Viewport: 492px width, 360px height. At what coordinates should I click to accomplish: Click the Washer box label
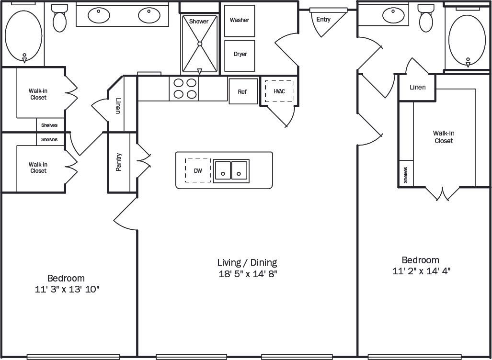tap(239, 20)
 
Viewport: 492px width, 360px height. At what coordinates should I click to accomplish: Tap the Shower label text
tap(199, 22)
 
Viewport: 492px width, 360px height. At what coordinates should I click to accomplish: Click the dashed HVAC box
tap(279, 91)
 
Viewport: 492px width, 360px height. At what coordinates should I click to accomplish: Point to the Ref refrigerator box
tap(242, 91)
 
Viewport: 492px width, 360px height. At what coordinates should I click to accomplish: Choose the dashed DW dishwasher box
tap(197, 170)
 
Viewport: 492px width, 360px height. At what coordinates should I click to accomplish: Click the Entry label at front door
tap(323, 20)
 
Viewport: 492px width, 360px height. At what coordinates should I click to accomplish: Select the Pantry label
tap(118, 162)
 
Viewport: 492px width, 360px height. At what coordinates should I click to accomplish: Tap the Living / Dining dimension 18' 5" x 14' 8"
tap(247, 274)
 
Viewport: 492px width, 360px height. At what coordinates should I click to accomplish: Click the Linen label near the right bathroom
tap(418, 88)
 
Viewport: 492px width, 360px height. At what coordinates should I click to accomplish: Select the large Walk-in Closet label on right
tap(443, 137)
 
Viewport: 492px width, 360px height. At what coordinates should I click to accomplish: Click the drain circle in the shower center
tap(200, 44)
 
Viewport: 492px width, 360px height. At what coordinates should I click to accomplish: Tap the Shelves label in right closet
tap(406, 175)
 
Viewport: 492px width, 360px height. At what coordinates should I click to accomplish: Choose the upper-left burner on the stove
tap(179, 82)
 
